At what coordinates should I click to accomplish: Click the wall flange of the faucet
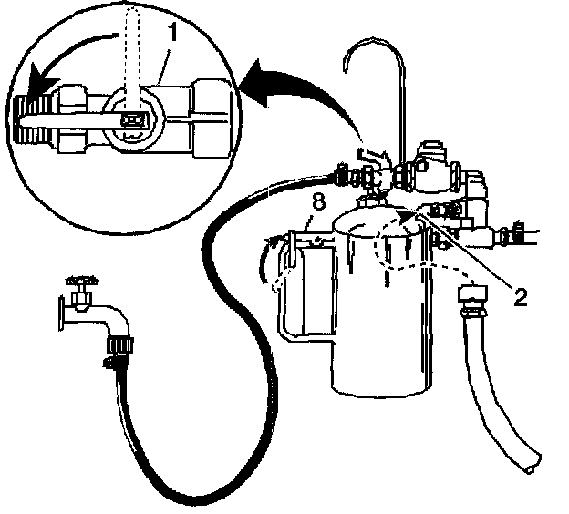57,314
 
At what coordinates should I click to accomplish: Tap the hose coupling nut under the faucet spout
118,344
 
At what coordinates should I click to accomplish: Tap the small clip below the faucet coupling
110,365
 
